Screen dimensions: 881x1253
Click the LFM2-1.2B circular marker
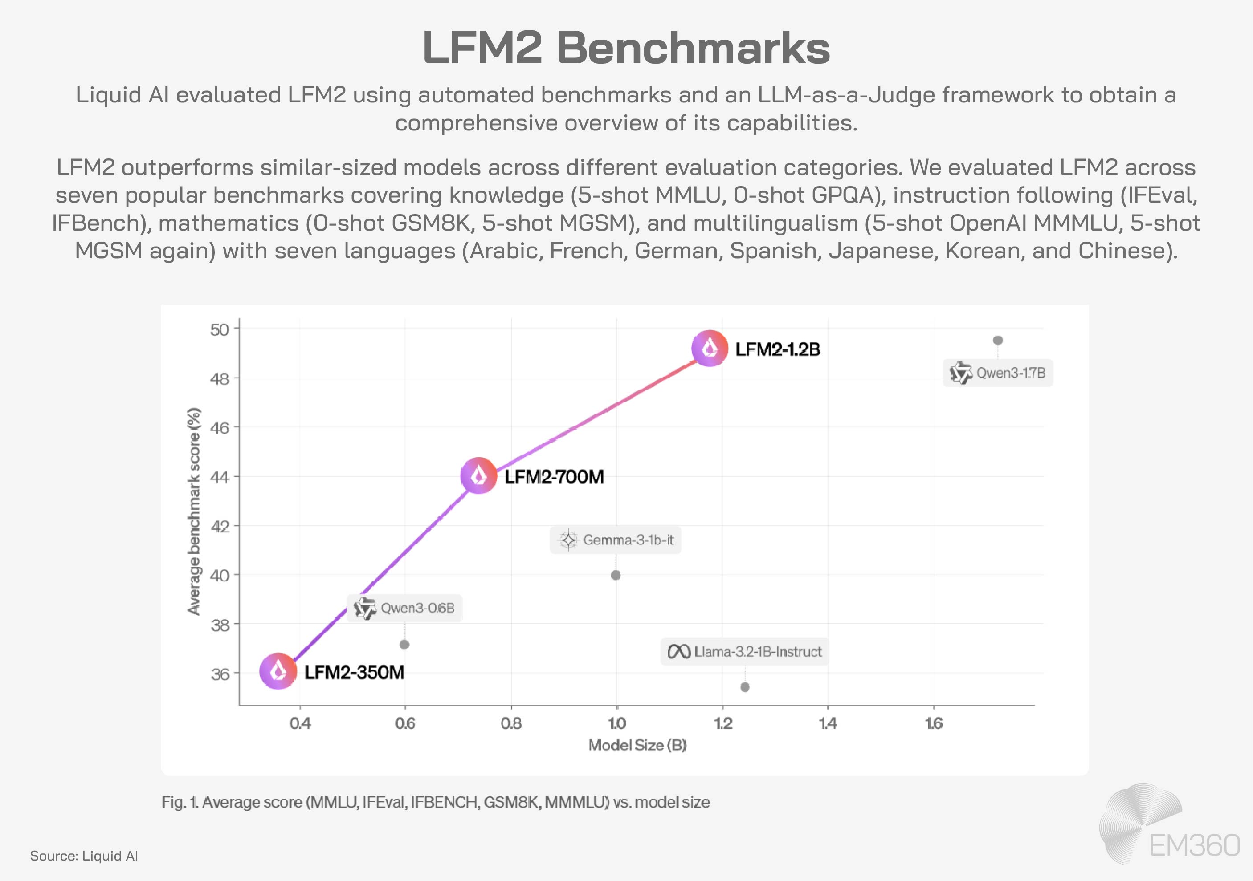pos(710,349)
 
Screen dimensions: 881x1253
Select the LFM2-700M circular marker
pos(478,476)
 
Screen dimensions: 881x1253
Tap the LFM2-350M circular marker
pos(278,671)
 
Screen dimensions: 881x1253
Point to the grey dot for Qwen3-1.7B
pos(998,341)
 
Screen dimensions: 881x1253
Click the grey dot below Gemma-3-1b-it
pos(616,575)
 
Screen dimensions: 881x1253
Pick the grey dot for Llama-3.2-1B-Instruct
pos(745,687)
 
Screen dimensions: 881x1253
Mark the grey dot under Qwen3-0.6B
pos(404,645)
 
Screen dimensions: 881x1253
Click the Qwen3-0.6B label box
pos(405,608)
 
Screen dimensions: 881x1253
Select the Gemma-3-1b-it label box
pos(616,540)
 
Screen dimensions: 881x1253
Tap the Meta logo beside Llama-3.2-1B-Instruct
pos(679,651)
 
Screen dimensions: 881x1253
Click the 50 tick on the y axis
pos(220,329)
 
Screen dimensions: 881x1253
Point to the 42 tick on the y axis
pos(220,526)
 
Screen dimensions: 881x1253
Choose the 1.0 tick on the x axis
pos(616,723)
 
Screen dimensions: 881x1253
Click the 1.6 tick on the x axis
pos(934,723)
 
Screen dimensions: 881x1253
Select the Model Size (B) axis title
pos(637,745)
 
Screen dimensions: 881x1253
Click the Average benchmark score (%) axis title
pos(194,511)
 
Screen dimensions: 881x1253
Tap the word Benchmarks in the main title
pos(693,48)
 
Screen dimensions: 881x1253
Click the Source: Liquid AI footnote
pos(84,855)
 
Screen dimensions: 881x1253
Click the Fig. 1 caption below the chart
pos(436,802)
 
